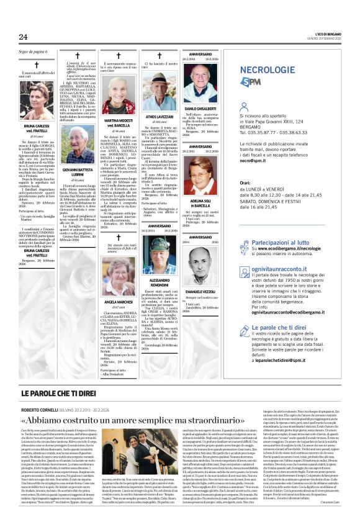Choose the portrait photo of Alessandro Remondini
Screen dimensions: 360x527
pyautogui.click(x=159, y=256)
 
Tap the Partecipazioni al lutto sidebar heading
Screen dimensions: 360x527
pyautogui.click(x=295, y=243)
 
